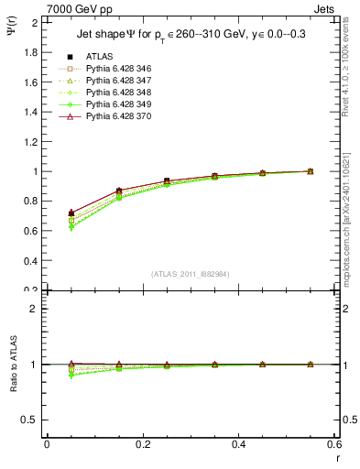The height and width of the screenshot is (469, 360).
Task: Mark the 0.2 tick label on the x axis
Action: pos(142,444)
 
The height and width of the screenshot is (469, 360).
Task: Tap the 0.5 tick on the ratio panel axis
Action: pos(31,420)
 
